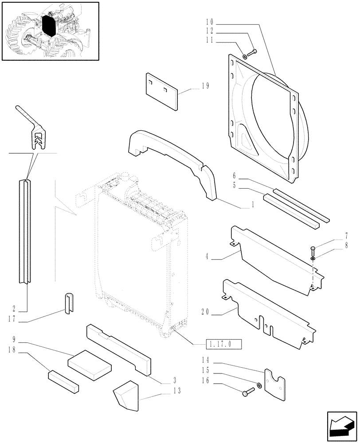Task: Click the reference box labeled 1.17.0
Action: (x=224, y=344)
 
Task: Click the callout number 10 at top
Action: (x=210, y=22)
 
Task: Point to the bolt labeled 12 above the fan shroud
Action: (x=252, y=53)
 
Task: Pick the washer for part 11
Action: (x=245, y=56)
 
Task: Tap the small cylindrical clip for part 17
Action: (x=68, y=304)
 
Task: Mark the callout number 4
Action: (x=207, y=256)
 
